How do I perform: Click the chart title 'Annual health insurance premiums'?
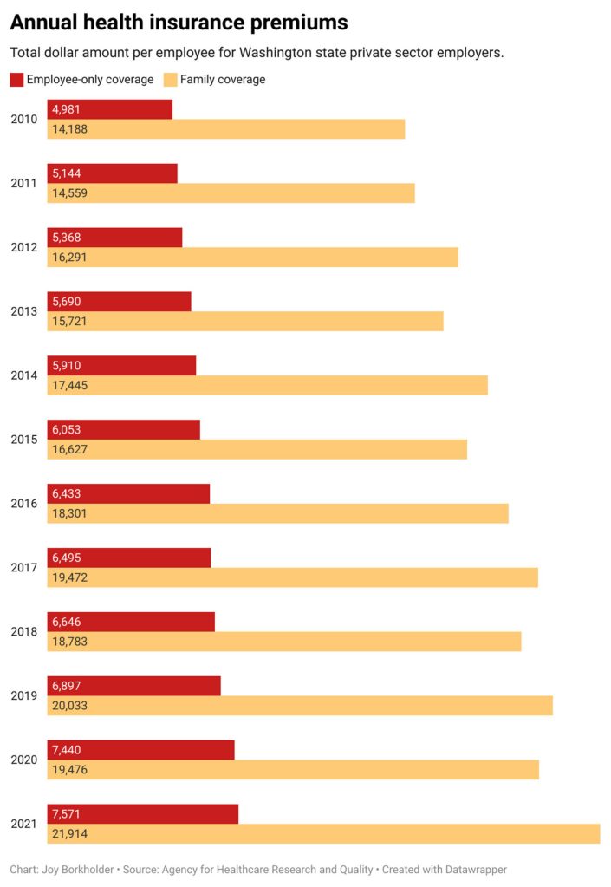point(179,23)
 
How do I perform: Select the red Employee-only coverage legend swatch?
point(16,80)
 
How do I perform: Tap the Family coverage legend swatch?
point(170,80)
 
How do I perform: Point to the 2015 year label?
point(23,440)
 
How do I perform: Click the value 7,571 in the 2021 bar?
point(67,814)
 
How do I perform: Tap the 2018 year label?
point(23,632)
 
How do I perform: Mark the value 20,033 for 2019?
point(70,706)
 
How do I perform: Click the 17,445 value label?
point(70,385)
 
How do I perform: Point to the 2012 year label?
point(23,247)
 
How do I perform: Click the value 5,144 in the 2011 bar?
point(67,173)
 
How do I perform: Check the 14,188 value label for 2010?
point(70,129)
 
